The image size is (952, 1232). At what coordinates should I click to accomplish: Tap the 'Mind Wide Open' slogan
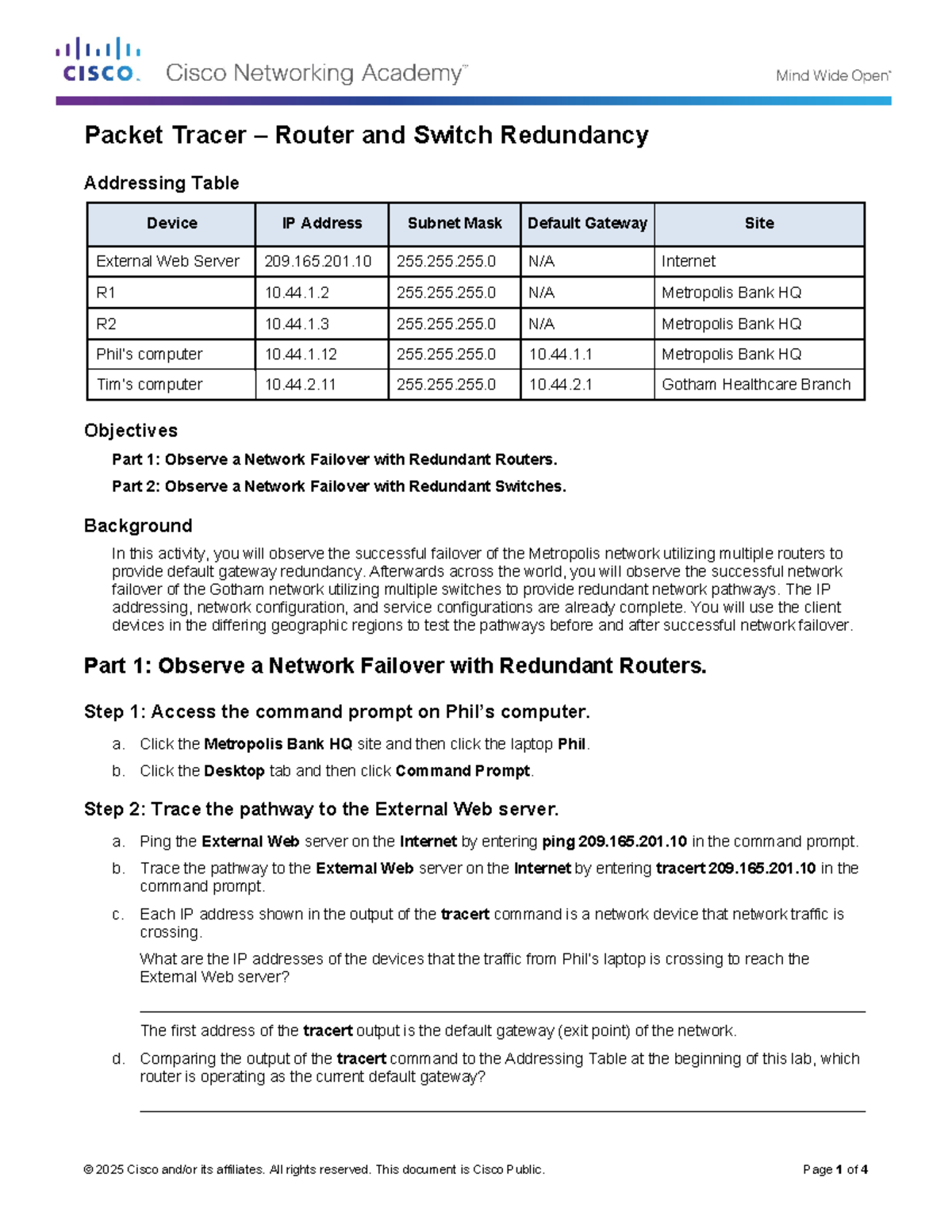pos(833,76)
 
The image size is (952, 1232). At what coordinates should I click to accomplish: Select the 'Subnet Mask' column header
pos(455,224)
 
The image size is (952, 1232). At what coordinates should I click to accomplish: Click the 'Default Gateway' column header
pos(587,224)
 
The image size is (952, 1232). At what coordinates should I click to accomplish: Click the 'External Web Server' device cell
pos(167,262)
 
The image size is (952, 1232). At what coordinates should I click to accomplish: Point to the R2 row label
pos(106,324)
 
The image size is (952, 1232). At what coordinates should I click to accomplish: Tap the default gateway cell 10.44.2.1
pos(561,385)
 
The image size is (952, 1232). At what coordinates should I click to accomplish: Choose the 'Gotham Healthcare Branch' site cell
pos(756,385)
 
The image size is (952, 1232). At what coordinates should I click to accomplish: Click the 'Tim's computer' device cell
pos(149,385)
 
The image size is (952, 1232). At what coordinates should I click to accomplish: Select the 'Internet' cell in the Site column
pos(689,262)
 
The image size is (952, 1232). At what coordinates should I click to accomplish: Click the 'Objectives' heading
pos(131,431)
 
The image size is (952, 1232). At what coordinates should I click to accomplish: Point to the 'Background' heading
pos(138,526)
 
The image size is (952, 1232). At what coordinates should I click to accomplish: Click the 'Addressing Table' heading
pos(162,183)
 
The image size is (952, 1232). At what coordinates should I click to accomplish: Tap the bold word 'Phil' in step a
pos(572,744)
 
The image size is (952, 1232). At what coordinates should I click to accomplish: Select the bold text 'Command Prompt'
pos(463,771)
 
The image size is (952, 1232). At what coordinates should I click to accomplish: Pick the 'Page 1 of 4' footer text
pos(835,1169)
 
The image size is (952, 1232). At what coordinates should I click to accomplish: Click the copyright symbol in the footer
pos(88,1169)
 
